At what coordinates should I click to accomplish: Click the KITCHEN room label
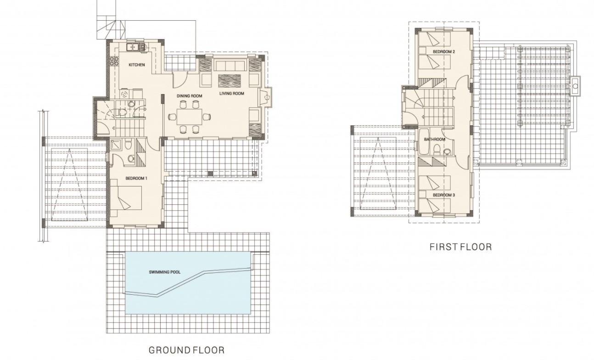(x=137, y=65)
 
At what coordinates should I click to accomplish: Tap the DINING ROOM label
(x=189, y=96)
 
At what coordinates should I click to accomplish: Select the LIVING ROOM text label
(x=231, y=93)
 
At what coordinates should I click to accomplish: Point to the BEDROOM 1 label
(x=136, y=178)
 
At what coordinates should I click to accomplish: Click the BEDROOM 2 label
(x=443, y=52)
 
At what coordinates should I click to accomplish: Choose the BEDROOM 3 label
(x=443, y=195)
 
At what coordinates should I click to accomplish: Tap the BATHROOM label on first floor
(x=434, y=139)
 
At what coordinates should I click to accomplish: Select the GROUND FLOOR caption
(x=186, y=350)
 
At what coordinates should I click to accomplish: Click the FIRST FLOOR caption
(x=460, y=247)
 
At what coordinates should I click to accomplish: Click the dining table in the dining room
(x=189, y=117)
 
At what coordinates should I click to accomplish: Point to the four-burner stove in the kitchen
(x=114, y=62)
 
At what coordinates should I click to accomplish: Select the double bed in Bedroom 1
(x=126, y=198)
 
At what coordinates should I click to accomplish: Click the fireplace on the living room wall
(x=265, y=97)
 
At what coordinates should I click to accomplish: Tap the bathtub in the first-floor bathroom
(x=423, y=142)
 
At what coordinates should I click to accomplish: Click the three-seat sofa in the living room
(x=230, y=65)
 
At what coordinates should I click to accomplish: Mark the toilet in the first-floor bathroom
(x=436, y=149)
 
